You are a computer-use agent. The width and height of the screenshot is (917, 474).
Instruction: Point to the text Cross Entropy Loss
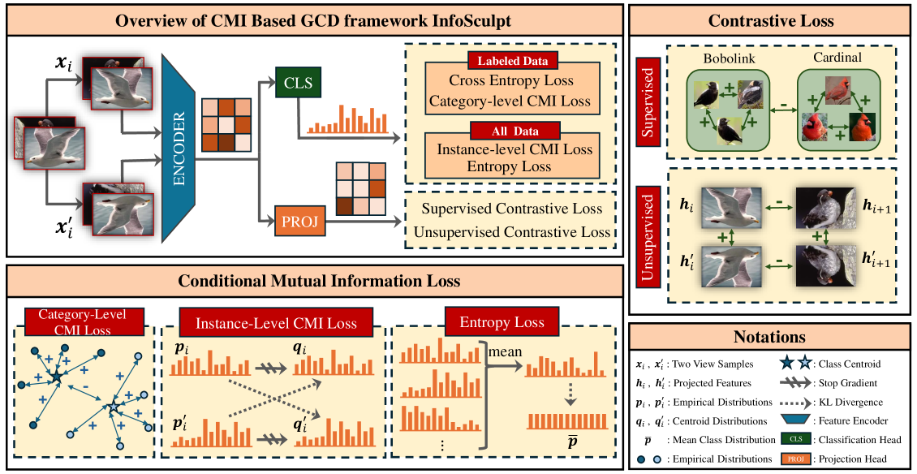pyautogui.click(x=511, y=81)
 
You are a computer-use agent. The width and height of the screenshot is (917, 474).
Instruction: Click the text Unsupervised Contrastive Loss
pyautogui.click(x=511, y=232)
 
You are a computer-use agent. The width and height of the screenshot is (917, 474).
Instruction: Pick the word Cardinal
pyautogui.click(x=837, y=59)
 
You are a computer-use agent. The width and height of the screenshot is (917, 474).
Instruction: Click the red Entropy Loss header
pyautogui.click(x=502, y=322)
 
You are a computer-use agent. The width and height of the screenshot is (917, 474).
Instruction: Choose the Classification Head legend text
pyautogui.click(x=860, y=440)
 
